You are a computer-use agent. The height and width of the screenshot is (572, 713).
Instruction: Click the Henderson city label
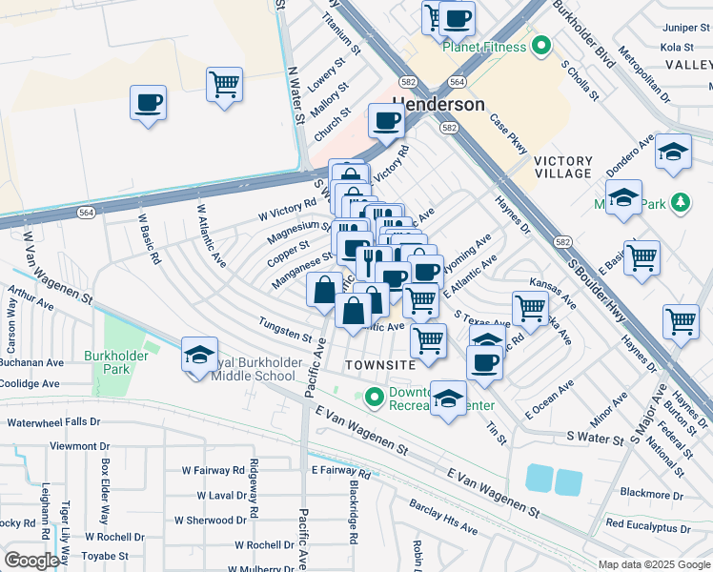coord(438,104)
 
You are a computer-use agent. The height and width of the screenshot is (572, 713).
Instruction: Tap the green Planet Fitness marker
coord(541,45)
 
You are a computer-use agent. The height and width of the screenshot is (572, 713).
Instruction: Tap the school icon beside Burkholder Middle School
coord(199,356)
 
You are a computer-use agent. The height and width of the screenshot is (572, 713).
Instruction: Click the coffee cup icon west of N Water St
coord(148,102)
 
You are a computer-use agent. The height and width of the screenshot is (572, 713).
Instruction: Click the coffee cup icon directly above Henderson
coord(387,120)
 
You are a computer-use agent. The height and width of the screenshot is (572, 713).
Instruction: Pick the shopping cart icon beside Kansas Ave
coord(529,308)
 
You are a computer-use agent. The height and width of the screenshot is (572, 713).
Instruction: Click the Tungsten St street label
coord(285,330)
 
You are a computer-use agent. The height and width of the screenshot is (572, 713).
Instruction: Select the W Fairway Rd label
coord(214,470)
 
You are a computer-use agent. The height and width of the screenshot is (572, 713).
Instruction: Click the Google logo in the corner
coord(31,561)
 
